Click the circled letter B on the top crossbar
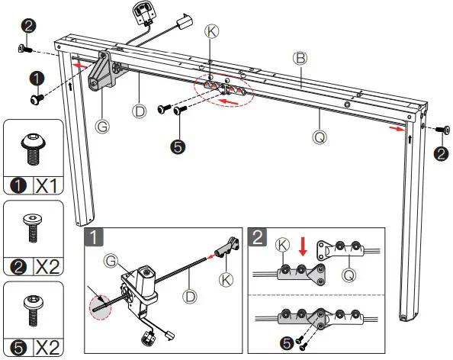[300, 58]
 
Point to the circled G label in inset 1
[111, 262]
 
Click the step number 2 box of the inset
[258, 236]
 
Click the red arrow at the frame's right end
[394, 129]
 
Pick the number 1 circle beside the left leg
[37, 77]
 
